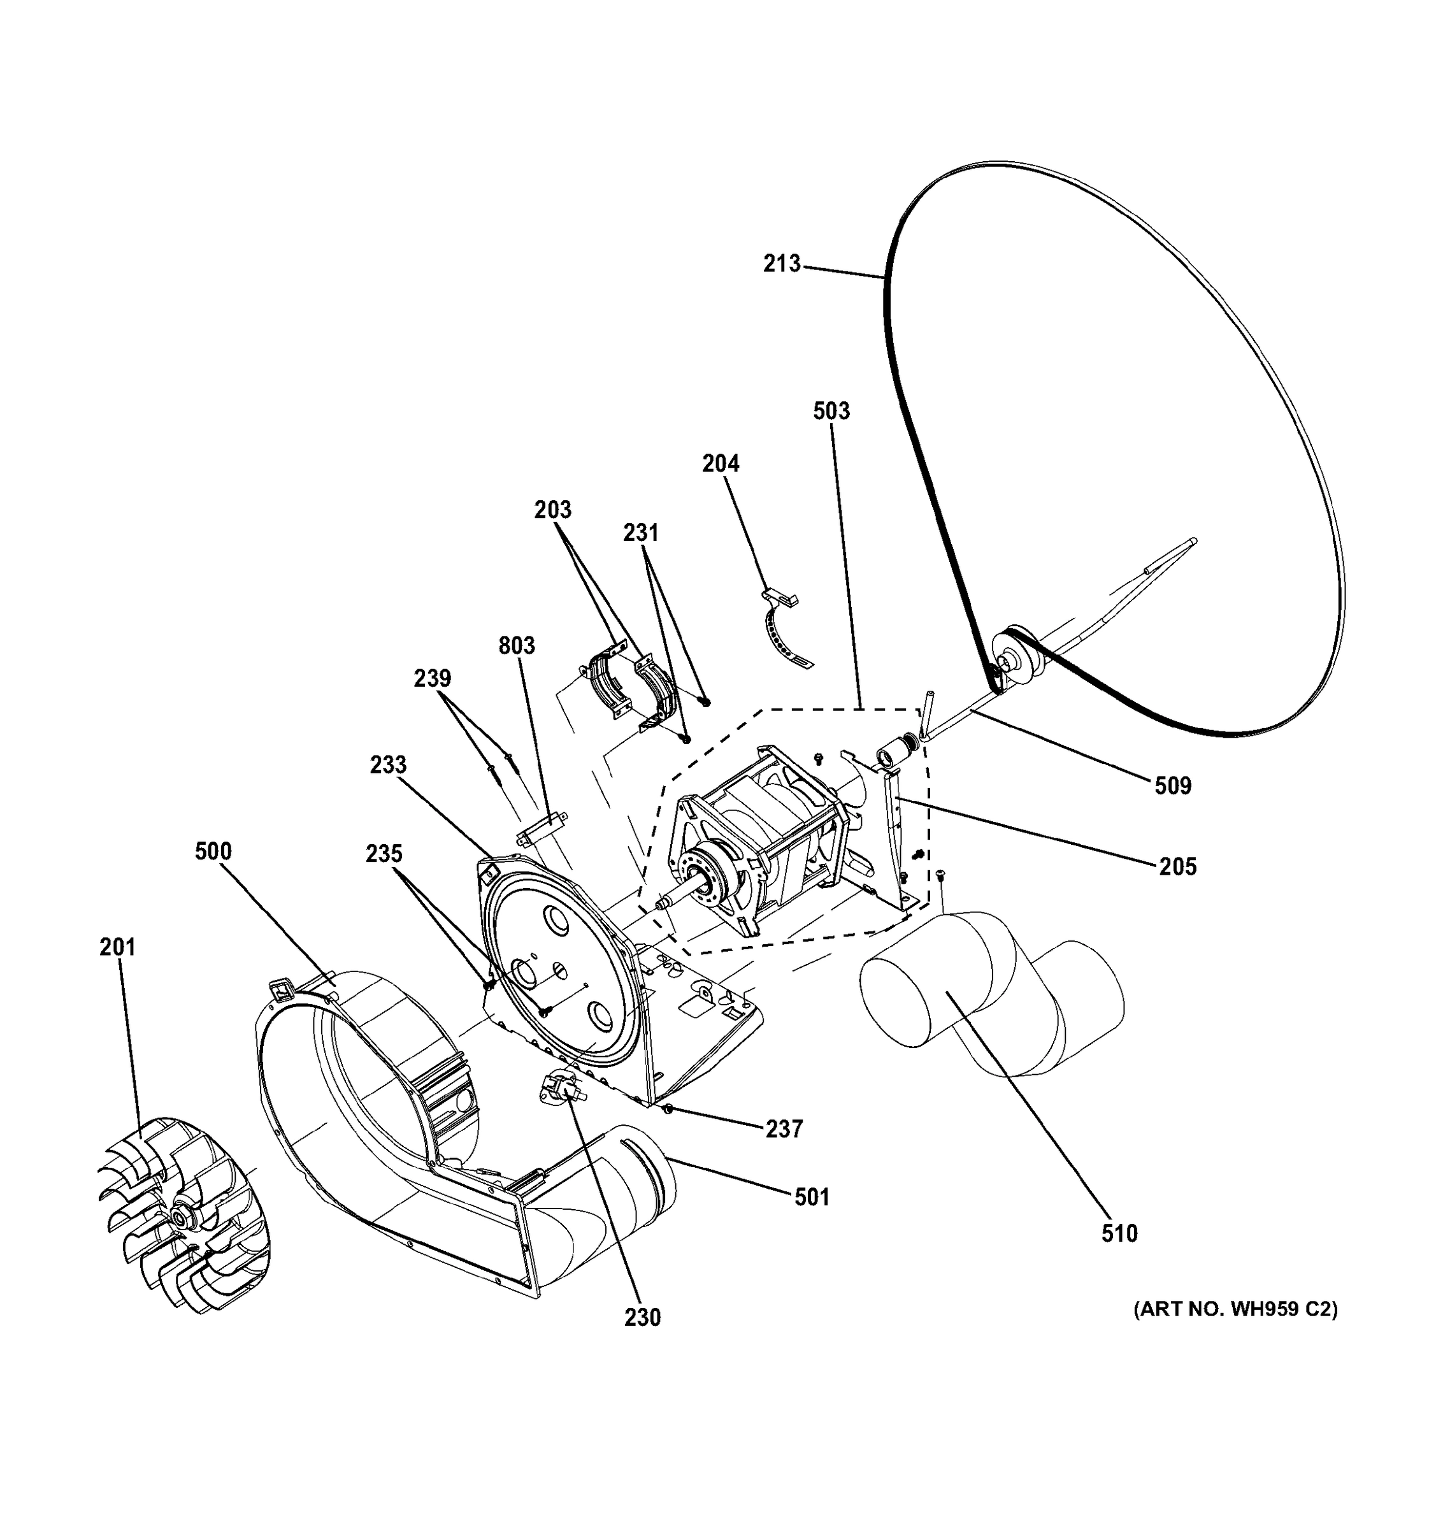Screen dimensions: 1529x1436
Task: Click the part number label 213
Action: [x=782, y=264]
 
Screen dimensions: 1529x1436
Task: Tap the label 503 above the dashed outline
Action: [x=831, y=411]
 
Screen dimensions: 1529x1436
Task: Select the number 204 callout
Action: [x=721, y=464]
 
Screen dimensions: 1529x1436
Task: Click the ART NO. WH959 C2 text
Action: [x=1235, y=1309]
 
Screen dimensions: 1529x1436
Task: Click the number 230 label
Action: [x=642, y=1317]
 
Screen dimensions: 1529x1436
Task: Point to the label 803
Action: [x=516, y=645]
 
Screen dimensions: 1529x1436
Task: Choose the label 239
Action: [x=432, y=678]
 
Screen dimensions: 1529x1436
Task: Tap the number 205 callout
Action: [x=1177, y=867]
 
